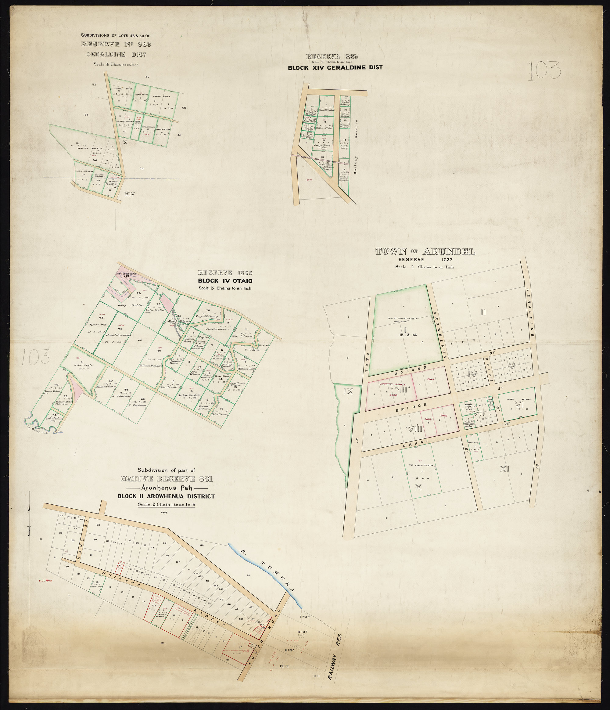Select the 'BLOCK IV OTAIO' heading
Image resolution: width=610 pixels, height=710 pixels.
tap(225, 281)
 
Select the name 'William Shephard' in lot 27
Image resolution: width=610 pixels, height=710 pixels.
tap(151, 366)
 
